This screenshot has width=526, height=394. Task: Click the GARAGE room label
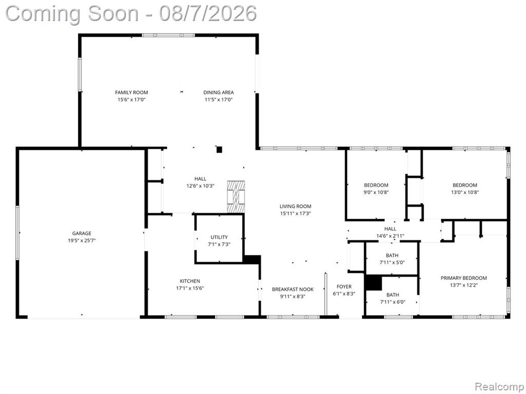point(82,233)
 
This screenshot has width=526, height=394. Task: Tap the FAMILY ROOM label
point(131,92)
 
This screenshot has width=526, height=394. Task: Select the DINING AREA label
point(218,92)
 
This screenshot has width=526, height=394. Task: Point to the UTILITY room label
point(219,237)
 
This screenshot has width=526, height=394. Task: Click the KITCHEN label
point(190,281)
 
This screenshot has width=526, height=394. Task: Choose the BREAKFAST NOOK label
point(293,289)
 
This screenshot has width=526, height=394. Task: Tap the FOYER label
point(344,287)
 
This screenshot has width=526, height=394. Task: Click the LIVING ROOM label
point(295,206)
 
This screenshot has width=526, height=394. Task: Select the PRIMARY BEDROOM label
point(464,278)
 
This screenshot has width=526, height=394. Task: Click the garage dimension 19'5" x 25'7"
point(82,240)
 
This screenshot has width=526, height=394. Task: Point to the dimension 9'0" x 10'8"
point(376,192)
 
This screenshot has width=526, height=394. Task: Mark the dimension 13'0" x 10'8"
point(465,192)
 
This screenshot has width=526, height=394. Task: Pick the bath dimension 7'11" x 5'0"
point(392,263)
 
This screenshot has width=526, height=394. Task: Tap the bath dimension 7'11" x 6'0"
point(392,302)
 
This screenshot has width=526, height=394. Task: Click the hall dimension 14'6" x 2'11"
point(390,236)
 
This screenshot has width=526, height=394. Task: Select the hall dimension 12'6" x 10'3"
point(200,186)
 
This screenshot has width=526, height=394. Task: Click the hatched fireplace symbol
point(236,196)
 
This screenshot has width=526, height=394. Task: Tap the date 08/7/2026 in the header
point(208,14)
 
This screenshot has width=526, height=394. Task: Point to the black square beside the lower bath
point(373,283)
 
